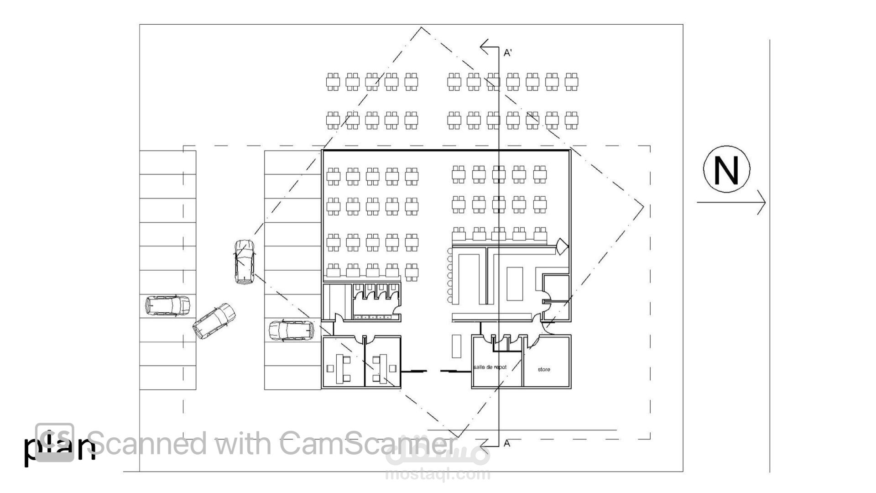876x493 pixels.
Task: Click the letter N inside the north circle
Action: click(726, 170)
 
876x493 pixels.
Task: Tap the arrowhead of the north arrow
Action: click(762, 202)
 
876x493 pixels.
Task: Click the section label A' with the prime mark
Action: click(508, 53)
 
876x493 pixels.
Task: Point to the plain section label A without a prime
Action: click(507, 443)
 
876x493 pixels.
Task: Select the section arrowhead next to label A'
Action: click(485, 46)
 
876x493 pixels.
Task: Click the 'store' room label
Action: click(544, 369)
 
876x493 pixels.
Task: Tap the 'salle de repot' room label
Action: click(490, 367)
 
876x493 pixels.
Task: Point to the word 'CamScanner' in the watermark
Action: click(367, 443)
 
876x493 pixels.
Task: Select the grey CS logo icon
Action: click(55, 442)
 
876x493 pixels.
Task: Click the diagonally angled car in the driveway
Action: click(214, 321)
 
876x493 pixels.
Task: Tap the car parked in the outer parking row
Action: click(167, 305)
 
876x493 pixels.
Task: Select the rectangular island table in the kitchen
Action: click(515, 283)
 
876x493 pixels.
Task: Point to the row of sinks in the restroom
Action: click(373, 317)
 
